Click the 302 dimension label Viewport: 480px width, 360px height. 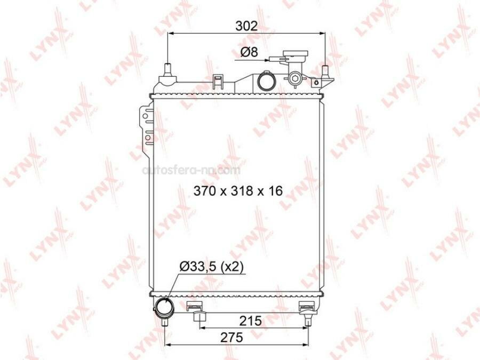pyautogui.click(x=246, y=26)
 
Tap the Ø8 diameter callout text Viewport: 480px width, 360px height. pyautogui.click(x=249, y=52)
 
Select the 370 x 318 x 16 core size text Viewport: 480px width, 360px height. pyautogui.click(x=238, y=191)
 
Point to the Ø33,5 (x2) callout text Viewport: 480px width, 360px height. pyautogui.click(x=212, y=267)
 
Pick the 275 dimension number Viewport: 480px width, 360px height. pyautogui.click(x=231, y=338)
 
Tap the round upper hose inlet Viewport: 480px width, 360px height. pyautogui.click(x=267, y=81)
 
